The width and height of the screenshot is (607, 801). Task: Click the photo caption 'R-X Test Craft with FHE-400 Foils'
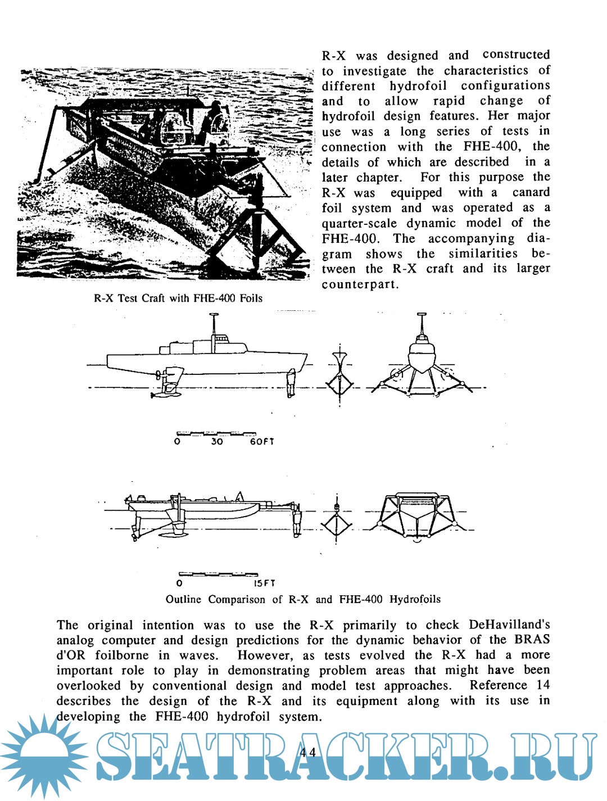click(178, 298)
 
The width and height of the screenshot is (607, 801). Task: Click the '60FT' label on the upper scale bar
click(262, 442)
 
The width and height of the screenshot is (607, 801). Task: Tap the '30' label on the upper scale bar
click(217, 442)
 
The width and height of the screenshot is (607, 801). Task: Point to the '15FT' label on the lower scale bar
click(264, 583)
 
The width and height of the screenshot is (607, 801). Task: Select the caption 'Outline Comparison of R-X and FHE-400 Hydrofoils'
click(303, 599)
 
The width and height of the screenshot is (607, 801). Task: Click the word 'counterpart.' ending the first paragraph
click(360, 284)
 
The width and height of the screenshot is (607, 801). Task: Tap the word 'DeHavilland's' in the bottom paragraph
click(509, 625)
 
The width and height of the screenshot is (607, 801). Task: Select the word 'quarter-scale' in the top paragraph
click(359, 223)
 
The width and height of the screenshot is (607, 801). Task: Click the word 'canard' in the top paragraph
click(531, 193)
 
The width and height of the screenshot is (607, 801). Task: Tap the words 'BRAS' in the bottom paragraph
click(532, 640)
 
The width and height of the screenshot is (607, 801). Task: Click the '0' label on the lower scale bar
click(179, 583)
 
